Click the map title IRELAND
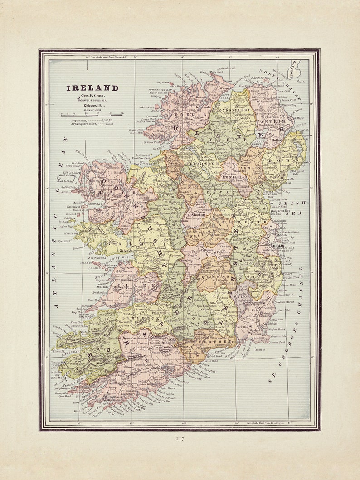pos(92,88)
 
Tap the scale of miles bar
pos(92,115)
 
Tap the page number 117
pos(180,439)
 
